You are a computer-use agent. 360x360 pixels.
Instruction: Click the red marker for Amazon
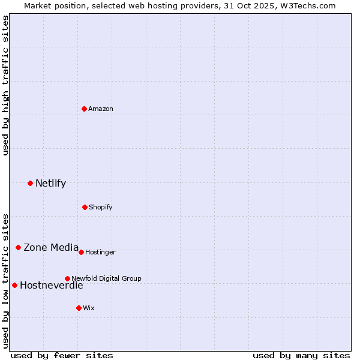(85, 109)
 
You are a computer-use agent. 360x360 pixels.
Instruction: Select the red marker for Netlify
(31, 183)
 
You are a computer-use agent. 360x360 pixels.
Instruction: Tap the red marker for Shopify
(85, 207)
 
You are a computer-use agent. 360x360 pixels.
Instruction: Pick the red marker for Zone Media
(19, 247)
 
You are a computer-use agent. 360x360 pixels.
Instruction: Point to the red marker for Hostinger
(81, 252)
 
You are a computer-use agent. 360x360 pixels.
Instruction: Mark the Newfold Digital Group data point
(67, 278)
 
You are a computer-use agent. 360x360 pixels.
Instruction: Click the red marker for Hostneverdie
(15, 285)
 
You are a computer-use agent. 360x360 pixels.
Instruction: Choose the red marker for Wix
(79, 308)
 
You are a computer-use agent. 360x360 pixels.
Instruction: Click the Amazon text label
(101, 109)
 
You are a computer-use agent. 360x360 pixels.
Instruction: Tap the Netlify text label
(50, 183)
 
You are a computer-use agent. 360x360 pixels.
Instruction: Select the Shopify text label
(101, 207)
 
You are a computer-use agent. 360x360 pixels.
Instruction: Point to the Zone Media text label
(51, 247)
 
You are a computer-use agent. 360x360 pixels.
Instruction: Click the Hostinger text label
(100, 252)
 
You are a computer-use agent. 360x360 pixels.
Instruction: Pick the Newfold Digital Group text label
(106, 278)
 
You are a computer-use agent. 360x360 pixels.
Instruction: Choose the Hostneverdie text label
(51, 285)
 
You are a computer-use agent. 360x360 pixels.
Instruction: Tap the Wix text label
(89, 308)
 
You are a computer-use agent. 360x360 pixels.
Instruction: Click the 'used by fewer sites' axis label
(62, 355)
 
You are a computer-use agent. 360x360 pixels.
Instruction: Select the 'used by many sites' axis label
(301, 355)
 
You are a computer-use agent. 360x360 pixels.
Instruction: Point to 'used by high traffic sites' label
(5, 85)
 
